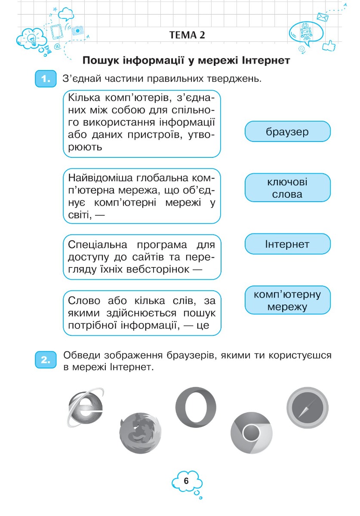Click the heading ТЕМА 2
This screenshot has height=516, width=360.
tap(187, 35)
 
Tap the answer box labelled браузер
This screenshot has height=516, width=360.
tap(287, 132)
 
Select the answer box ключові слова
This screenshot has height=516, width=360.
tap(287, 188)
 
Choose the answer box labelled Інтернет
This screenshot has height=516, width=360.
tap(287, 244)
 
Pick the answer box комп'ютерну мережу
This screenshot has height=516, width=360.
tap(287, 301)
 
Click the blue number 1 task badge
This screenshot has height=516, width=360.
tap(45, 80)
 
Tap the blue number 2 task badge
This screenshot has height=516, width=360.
tap(45, 360)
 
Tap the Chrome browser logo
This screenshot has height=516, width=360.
tap(252, 435)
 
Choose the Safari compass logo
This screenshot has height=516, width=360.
tap(307, 408)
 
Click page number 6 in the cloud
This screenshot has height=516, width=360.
tap(186, 481)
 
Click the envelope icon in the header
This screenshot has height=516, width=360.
tap(323, 17)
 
